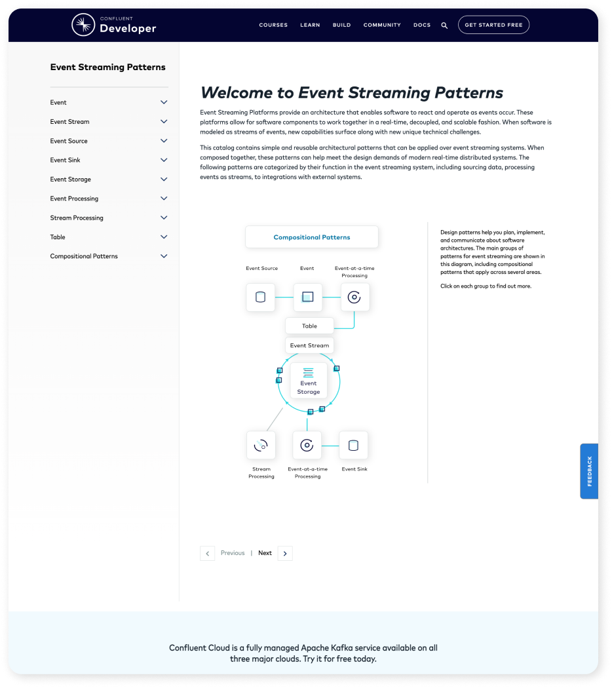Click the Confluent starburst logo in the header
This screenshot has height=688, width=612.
click(83, 25)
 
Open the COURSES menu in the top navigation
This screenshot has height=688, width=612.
click(273, 25)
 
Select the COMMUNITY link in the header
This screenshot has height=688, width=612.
click(382, 25)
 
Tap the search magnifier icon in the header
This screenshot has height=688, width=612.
click(444, 26)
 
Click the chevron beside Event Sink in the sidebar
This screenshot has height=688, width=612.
click(164, 160)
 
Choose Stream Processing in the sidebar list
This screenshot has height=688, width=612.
click(77, 218)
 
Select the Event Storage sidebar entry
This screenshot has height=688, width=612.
click(71, 179)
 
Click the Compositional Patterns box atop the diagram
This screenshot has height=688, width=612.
click(312, 237)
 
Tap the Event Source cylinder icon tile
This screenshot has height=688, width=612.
click(261, 297)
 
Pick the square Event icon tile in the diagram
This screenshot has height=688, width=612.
click(308, 297)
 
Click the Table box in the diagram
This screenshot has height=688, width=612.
click(310, 326)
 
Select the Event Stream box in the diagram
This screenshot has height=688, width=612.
click(310, 345)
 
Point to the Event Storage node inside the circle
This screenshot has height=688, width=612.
click(309, 381)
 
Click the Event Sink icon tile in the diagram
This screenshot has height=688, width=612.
click(354, 446)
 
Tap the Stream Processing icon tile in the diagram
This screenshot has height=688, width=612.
click(261, 446)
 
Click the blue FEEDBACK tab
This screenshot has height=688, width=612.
click(589, 471)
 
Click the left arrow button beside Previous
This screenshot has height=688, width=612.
click(208, 553)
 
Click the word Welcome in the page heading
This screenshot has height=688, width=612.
click(237, 92)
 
